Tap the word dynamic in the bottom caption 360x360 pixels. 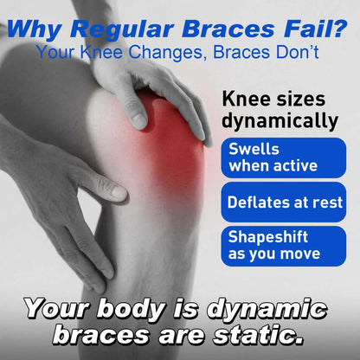click(260, 309)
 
